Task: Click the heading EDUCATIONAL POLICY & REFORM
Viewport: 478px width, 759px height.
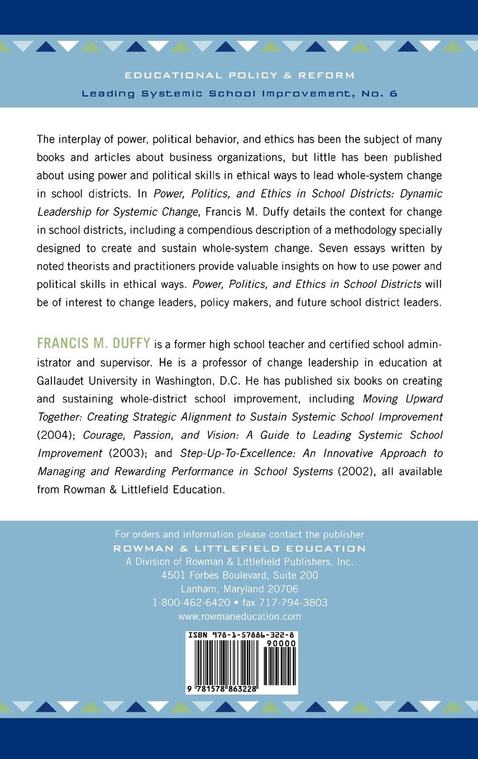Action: click(239, 75)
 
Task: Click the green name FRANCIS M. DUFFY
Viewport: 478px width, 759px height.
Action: click(93, 343)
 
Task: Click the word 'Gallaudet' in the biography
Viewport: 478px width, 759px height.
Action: click(62, 381)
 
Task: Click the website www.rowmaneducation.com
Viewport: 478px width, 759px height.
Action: click(240, 617)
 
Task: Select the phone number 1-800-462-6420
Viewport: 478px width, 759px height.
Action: click(192, 603)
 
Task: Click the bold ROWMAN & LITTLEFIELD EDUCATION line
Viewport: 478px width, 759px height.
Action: click(240, 548)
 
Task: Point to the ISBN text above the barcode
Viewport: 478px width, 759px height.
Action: click(242, 636)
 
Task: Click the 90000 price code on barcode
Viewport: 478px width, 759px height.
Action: click(281, 643)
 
